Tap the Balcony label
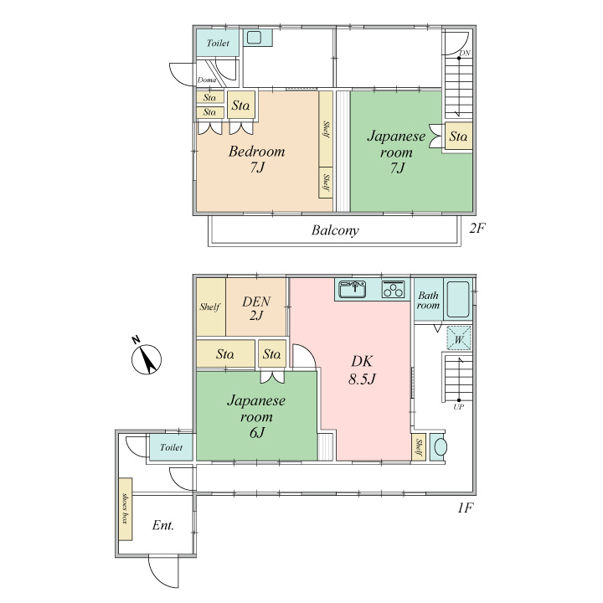point(335,230)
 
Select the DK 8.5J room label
point(362,370)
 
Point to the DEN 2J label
point(256,308)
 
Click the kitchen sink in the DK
point(353,289)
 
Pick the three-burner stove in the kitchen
point(394,289)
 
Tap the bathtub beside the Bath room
point(458,299)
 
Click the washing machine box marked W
point(459,338)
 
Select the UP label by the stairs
point(458,407)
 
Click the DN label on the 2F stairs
point(465,53)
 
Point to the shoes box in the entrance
point(126,509)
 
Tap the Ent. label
point(162,525)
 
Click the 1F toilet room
point(171,447)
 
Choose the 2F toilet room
point(218,43)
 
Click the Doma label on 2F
point(207,80)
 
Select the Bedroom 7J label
point(257,159)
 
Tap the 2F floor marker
point(477,229)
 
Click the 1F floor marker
point(465,508)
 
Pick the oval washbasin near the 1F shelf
point(441,447)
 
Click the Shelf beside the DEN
point(211,307)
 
